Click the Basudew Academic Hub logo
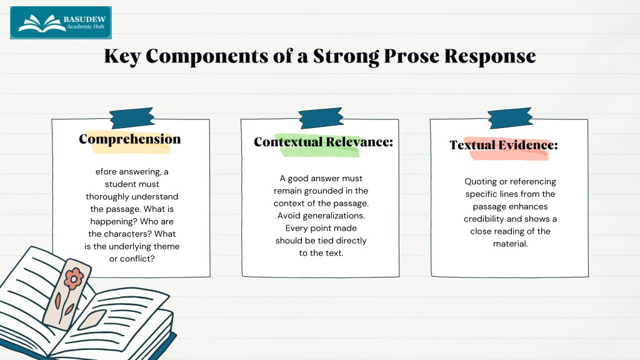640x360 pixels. [61, 23]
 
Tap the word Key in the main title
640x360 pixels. [122, 56]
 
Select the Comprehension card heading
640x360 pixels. [130, 139]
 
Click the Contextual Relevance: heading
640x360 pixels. [323, 142]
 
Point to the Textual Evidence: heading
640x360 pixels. [504, 145]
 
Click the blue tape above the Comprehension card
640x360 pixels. [132, 118]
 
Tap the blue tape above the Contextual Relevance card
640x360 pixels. [321, 118]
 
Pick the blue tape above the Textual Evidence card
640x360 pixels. [510, 118]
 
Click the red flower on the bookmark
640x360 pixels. [74, 279]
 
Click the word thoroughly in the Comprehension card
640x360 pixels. [108, 197]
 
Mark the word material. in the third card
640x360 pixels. [510, 244]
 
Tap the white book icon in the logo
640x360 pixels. [41, 23]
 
